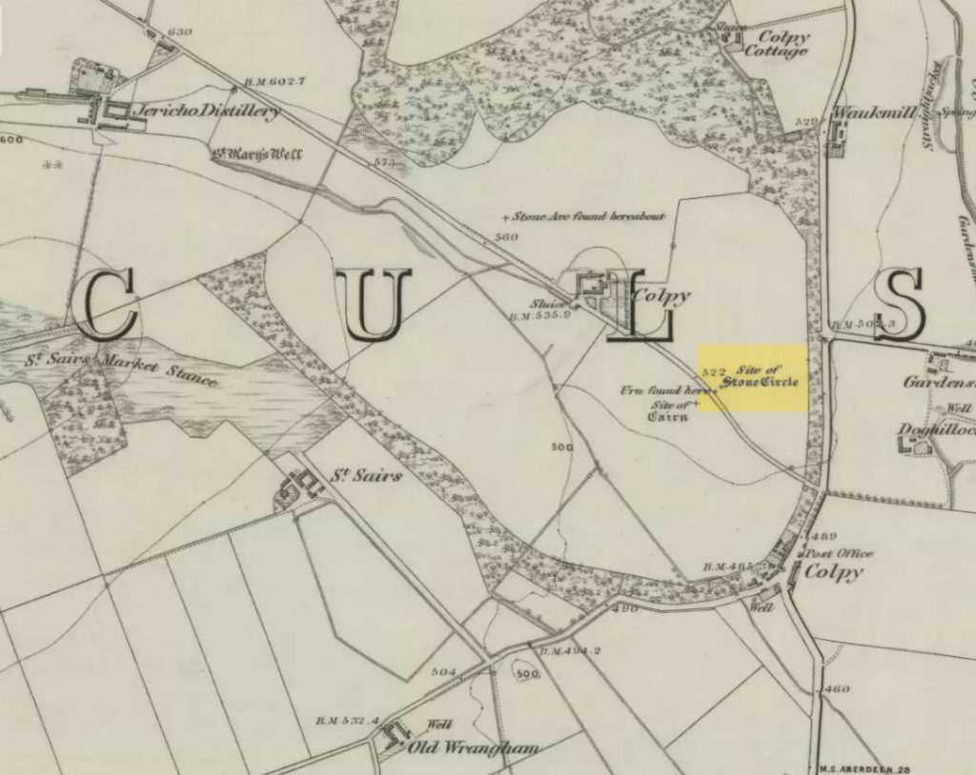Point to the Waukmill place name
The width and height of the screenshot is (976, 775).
pos(874,112)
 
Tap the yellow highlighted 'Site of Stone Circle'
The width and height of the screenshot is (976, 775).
pos(753,377)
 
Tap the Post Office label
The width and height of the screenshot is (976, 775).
pos(839,553)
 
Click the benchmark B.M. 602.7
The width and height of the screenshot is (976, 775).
pos(246,81)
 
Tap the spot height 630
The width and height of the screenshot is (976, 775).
pos(180,32)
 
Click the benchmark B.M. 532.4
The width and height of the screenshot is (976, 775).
pos(347,721)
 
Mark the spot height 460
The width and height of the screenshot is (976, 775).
pos(837,688)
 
